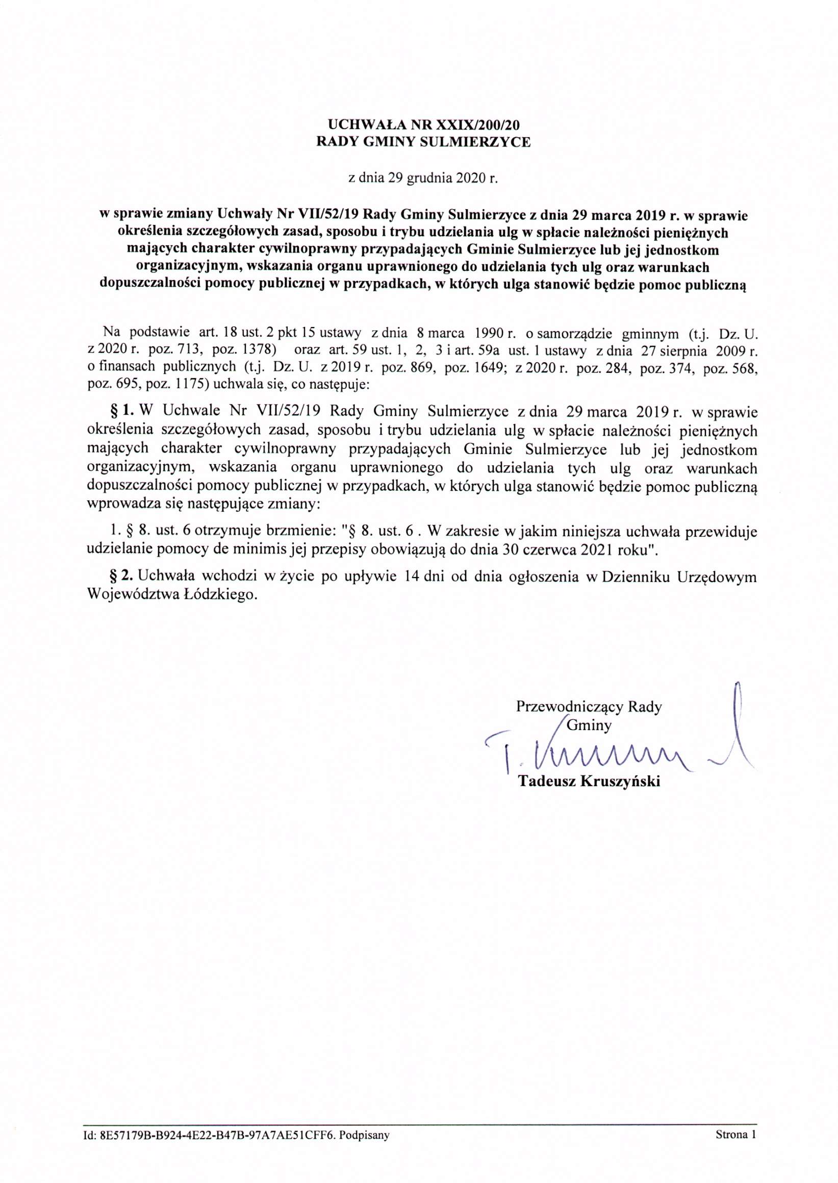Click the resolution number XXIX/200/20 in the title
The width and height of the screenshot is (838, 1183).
[x=477, y=124]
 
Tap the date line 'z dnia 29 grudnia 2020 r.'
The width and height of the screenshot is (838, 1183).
[x=423, y=179]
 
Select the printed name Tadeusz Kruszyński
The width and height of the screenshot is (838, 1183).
[x=589, y=781]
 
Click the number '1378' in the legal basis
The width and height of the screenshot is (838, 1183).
[x=259, y=349]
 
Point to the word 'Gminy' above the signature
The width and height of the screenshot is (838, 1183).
[x=589, y=725]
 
